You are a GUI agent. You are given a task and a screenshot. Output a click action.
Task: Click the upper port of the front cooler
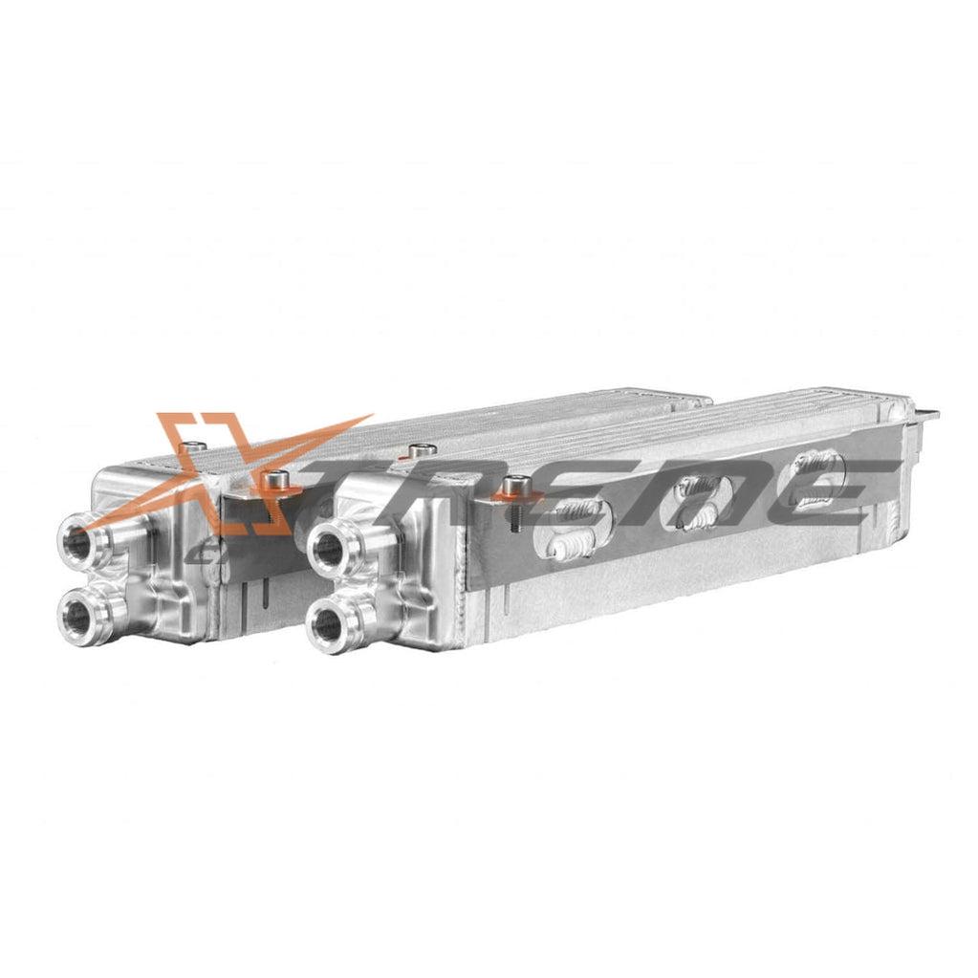point(329,549)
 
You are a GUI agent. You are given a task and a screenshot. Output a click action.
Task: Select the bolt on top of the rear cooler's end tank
point(195,445)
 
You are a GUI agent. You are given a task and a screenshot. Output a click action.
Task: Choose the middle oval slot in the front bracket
point(702,501)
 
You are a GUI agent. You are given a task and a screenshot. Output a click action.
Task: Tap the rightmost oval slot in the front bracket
point(817,478)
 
